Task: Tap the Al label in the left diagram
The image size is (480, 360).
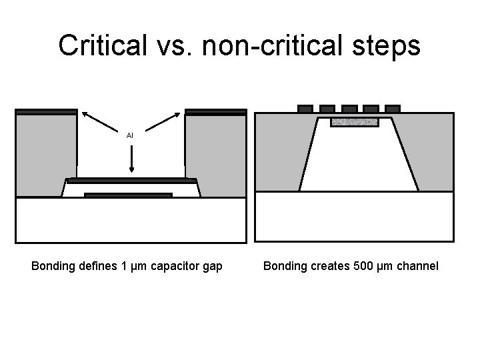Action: tap(130, 135)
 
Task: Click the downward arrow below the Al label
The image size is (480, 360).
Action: tap(131, 159)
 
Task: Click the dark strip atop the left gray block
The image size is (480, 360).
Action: tap(46, 111)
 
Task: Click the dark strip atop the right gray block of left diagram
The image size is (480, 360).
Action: tap(216, 111)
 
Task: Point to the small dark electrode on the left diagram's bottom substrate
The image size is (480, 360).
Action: tap(128, 195)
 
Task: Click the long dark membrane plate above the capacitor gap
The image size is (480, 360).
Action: tap(131, 180)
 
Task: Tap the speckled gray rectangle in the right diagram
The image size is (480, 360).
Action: tap(354, 122)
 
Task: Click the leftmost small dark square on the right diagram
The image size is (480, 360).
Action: tap(305, 108)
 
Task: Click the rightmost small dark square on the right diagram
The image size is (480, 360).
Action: tap(393, 108)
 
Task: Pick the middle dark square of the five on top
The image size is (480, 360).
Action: tap(349, 108)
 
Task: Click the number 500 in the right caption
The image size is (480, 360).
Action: tap(364, 266)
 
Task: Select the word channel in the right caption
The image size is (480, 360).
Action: tap(417, 266)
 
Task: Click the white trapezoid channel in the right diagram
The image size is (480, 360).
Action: tap(359, 163)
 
